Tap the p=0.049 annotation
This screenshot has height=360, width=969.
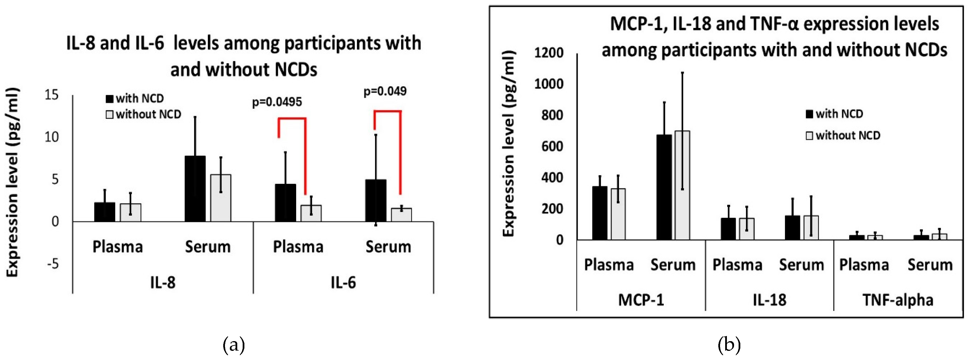point(384,91)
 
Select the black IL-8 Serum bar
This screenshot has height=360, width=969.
point(195,189)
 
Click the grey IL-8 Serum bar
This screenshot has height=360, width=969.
point(221,198)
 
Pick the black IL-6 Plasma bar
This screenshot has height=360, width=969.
point(285,203)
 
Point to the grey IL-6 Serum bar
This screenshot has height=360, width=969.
point(401,215)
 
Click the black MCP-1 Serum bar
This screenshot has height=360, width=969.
point(664,187)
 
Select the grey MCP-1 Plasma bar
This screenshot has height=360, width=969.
point(618,214)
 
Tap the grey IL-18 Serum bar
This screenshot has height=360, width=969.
point(811,228)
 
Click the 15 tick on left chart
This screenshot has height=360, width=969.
point(51,95)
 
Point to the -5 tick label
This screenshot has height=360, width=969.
point(53,264)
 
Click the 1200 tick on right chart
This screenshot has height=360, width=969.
point(549,53)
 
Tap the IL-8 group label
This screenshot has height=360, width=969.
point(163,283)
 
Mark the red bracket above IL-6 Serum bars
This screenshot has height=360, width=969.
point(387,111)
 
